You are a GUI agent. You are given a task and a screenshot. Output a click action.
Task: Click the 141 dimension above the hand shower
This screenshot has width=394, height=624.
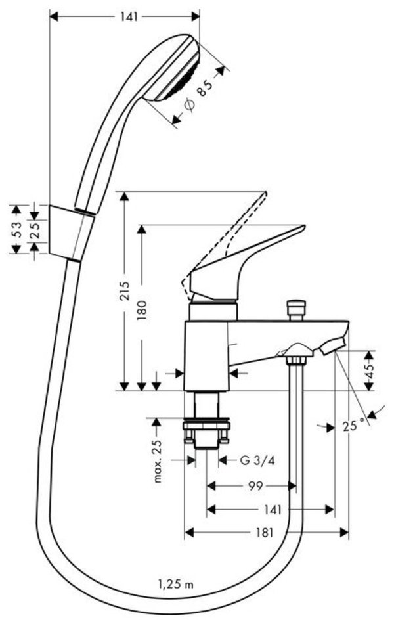124,18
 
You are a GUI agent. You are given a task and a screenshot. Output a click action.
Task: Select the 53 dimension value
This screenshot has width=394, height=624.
18,229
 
